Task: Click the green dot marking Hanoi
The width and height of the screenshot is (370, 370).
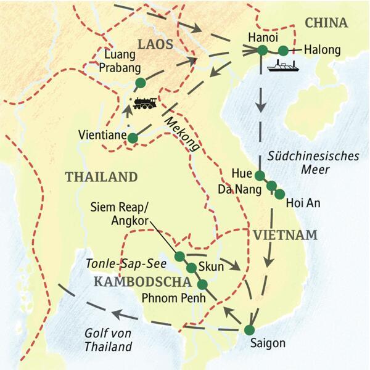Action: (263, 51)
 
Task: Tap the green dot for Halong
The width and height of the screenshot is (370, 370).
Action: (283, 51)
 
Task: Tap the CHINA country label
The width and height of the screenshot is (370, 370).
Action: (326, 23)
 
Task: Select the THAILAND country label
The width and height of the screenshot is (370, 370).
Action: (101, 177)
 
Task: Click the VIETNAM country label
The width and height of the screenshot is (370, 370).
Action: (284, 234)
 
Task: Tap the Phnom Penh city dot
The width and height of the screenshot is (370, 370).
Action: (202, 284)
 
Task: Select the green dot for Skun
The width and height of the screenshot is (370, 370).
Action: (191, 268)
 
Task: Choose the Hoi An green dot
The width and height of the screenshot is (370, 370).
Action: (279, 194)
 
